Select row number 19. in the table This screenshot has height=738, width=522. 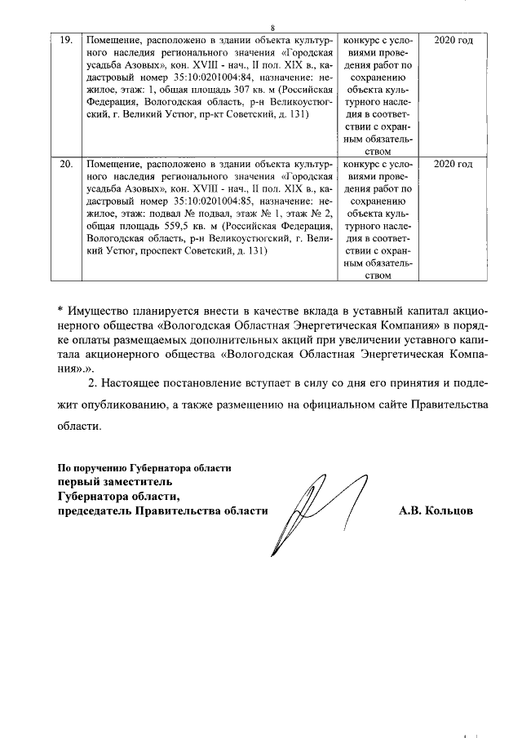(x=70, y=40)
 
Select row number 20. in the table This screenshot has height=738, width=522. (x=70, y=165)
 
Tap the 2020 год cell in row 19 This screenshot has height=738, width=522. (x=453, y=40)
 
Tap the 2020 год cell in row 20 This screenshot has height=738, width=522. (x=453, y=165)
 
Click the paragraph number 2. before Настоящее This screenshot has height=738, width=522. (x=92, y=382)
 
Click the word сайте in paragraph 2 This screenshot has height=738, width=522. (x=372, y=404)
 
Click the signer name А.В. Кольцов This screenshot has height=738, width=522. (x=436, y=510)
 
